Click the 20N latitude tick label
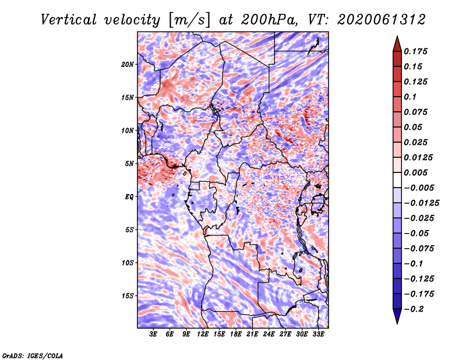tap(128, 65)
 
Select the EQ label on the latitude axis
tap(129, 197)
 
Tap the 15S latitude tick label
tap(128, 296)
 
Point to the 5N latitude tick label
tap(129, 164)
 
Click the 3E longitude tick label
tap(153, 334)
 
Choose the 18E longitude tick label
tap(236, 334)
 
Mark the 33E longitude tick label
tap(318, 334)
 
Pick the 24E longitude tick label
tap(269, 334)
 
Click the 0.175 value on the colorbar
tap(415, 51)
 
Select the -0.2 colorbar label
tap(414, 309)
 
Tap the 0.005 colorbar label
tap(415, 172)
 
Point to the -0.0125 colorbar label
tap(421, 203)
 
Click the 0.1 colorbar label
tap(410, 97)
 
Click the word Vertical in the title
tap(69, 20)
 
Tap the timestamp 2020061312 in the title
tap(382, 20)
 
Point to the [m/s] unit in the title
tap(189, 20)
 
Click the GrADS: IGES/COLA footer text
tap(33, 356)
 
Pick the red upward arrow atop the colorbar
tap(397, 44)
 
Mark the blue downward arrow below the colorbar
tap(397, 316)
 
